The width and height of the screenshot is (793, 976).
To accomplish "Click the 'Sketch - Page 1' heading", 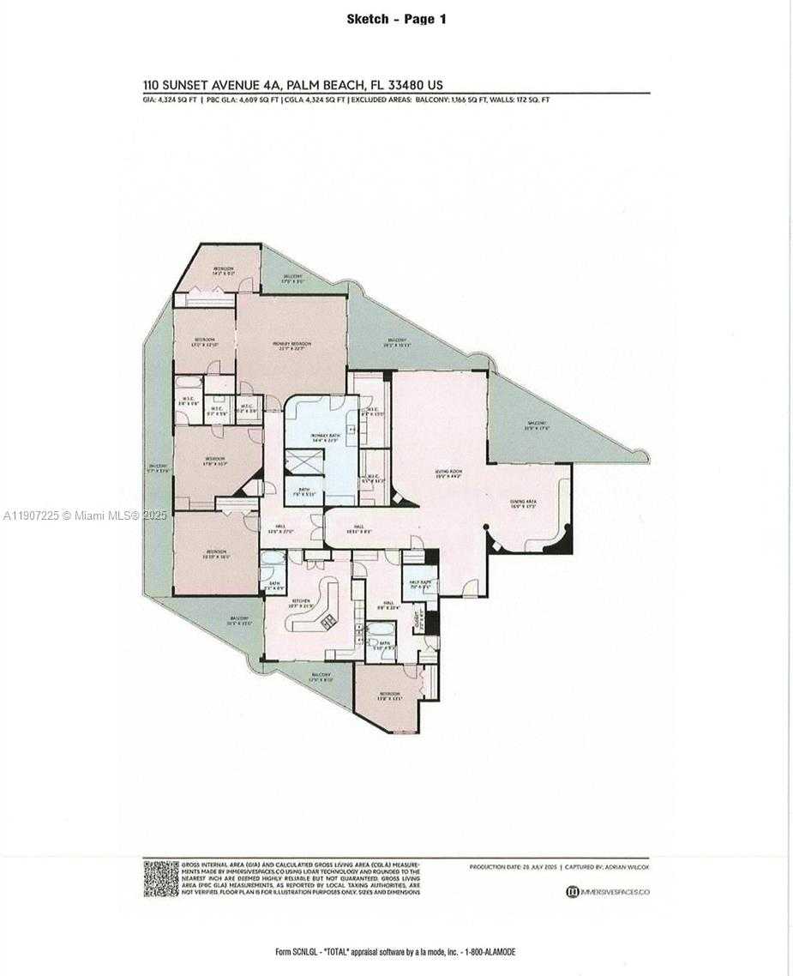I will pos(396,19).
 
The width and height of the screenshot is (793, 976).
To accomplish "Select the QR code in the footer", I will pos(160,878).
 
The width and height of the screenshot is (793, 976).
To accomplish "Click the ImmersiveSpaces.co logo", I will pos(607,892).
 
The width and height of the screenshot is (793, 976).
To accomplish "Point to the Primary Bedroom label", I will pos(291,346).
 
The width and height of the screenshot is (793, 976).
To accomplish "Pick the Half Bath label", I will pos(419,585).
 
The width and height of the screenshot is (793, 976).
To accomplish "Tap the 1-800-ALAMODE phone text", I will pos(490,952).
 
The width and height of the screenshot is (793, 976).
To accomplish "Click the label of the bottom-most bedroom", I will pos(390,695).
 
